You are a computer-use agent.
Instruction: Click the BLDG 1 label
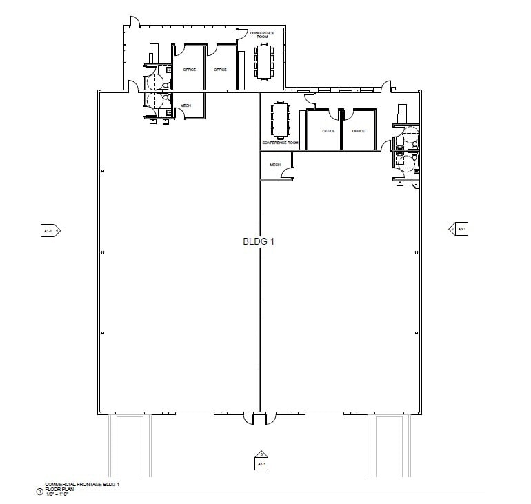pyautogui.click(x=259, y=242)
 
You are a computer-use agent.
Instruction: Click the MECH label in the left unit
pyautogui.click(x=186, y=105)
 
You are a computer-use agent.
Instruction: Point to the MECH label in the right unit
pyautogui.click(x=275, y=165)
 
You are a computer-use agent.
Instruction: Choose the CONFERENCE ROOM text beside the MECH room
pyautogui.click(x=280, y=143)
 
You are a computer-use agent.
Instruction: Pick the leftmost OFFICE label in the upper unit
pyautogui.click(x=190, y=70)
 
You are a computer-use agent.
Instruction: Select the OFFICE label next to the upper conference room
pyautogui.click(x=220, y=70)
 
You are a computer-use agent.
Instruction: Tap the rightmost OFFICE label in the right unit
pyautogui.click(x=359, y=131)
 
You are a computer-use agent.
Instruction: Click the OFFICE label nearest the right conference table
pyautogui.click(x=328, y=131)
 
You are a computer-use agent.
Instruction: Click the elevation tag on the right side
pyautogui.click(x=459, y=228)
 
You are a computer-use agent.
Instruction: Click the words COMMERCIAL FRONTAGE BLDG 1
pyautogui.click(x=82, y=484)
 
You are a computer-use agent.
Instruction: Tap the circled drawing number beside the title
pyautogui.click(x=39, y=492)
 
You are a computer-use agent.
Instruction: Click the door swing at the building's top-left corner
pyautogui.click(x=135, y=23)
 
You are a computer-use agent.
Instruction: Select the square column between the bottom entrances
pyautogui.click(x=259, y=419)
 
